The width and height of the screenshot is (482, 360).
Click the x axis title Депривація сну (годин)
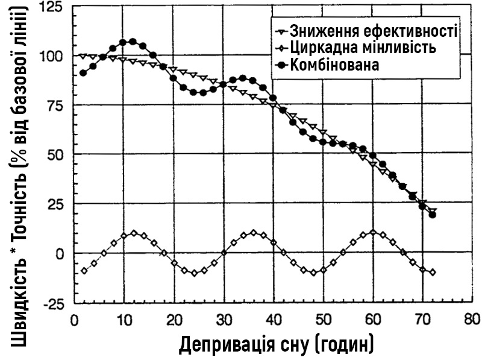276,344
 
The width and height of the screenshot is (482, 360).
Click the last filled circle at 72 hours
433,215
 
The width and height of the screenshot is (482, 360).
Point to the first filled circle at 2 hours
83,73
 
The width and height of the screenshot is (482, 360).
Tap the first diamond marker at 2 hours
84,271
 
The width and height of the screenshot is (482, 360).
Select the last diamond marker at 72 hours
433,273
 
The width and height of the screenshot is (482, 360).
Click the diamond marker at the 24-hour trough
194,273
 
